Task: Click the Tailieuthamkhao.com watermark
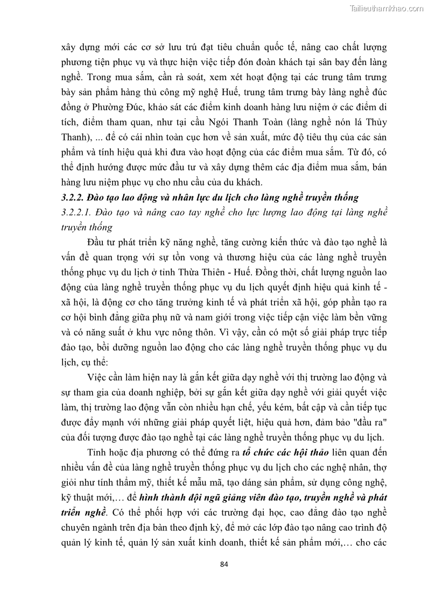(x=386, y=8)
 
